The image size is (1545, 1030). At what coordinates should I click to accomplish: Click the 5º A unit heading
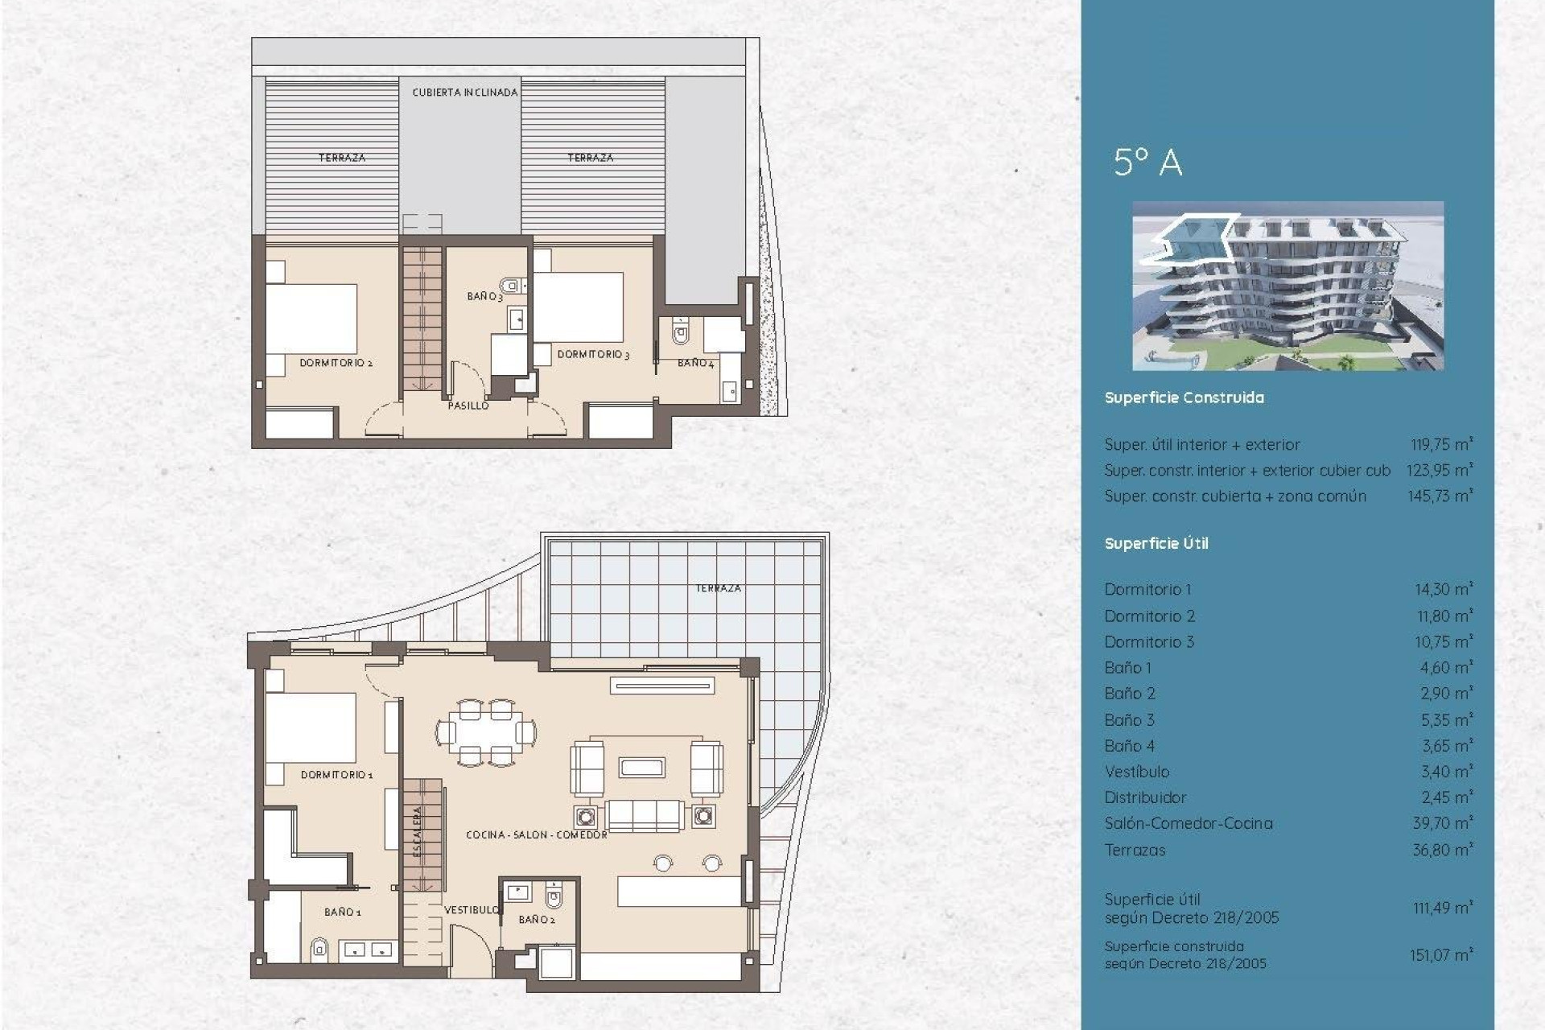1147,163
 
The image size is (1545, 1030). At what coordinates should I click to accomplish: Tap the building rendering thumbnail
1287,286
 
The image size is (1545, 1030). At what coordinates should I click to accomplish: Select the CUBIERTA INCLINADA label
465,93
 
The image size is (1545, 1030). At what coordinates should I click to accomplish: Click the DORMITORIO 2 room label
336,363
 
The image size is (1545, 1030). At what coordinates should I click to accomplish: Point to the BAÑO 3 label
484,297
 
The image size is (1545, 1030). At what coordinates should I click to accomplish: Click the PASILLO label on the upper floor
468,406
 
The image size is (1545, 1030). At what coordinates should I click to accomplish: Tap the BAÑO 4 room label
695,363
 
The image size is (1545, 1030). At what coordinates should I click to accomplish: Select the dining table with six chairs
486,732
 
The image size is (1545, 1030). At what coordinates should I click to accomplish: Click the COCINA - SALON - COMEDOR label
536,835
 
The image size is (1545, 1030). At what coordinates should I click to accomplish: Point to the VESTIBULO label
472,909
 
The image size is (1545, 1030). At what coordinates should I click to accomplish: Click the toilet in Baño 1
319,950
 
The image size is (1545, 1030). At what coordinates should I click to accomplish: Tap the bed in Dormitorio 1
311,728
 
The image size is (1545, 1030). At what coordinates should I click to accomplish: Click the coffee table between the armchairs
641,767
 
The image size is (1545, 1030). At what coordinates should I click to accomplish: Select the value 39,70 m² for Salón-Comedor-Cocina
1443,823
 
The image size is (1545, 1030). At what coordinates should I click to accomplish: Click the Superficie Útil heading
1156,544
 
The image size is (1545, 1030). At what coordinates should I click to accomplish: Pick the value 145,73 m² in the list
1440,496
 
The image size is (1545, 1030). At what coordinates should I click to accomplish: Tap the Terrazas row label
1135,850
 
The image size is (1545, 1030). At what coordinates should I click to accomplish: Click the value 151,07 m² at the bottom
1440,955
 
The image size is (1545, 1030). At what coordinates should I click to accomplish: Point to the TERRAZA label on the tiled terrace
718,588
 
